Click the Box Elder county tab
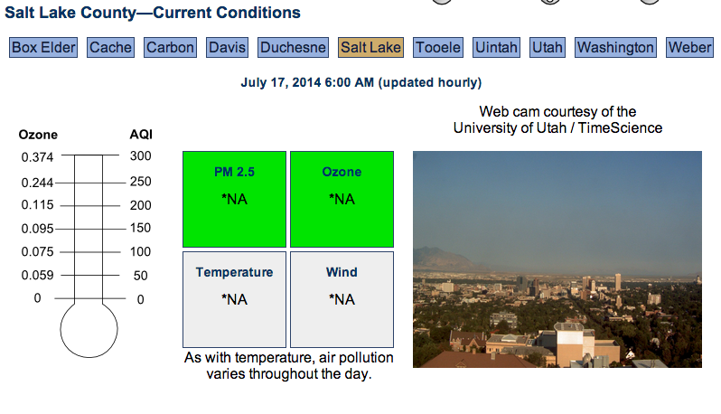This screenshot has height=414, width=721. coord(43,47)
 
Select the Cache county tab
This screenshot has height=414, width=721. coord(110,47)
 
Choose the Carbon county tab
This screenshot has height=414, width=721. coord(170,47)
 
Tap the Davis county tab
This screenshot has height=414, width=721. coord(227,47)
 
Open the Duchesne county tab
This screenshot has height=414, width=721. coord(293,47)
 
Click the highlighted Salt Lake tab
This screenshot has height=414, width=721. coord(370,47)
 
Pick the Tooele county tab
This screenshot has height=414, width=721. coord(437,47)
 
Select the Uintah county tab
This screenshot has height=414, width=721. coord(496,47)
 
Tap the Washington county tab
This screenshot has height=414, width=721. coord(615,47)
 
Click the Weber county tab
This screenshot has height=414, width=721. coord(689,47)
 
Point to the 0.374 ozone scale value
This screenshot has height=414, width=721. coord(37,157)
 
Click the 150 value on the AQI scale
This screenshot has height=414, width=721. coord(140,228)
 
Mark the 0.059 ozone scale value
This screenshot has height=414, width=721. coord(37,276)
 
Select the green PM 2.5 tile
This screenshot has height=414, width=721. coord(235,199)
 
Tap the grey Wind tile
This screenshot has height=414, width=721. coord(342,299)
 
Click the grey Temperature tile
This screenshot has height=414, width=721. coord(235,299)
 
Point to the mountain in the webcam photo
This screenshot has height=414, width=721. coord(442,259)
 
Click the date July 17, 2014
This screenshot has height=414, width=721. coord(281,83)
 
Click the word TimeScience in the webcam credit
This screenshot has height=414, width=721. coord(620,127)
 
